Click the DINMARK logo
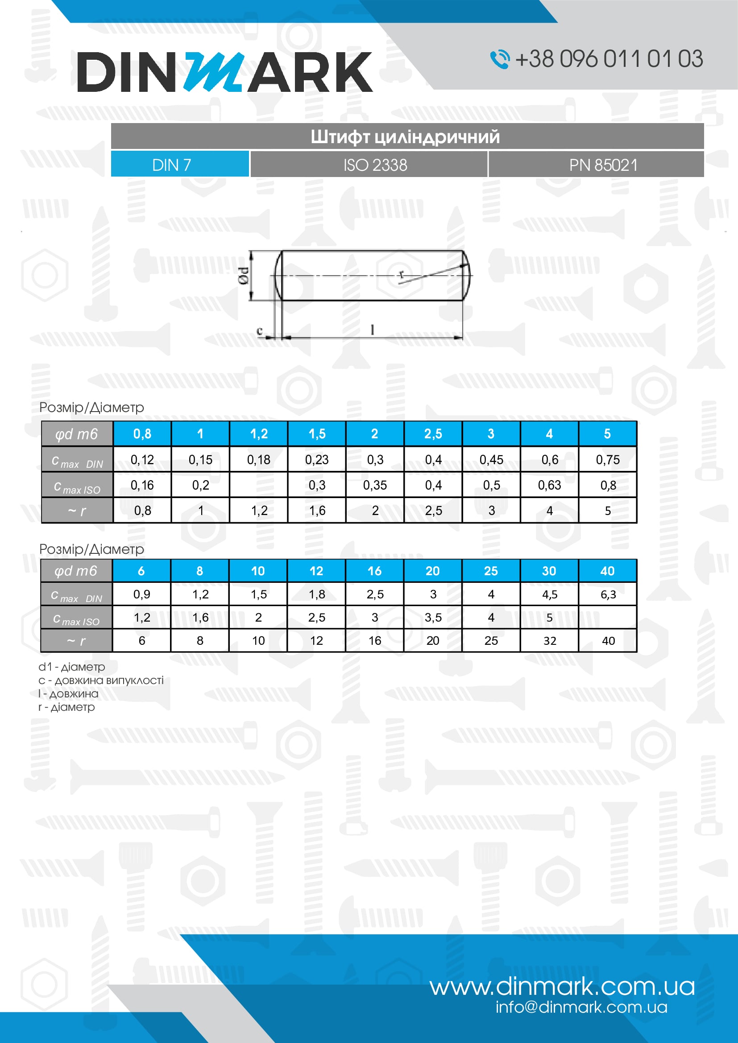pos(224,72)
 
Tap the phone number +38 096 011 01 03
pos(609,59)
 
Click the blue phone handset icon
pos(499,59)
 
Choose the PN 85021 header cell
pos(603,165)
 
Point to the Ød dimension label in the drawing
pos(244,276)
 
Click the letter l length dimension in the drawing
pos(373,330)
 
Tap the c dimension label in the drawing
pos(260,330)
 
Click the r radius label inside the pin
pos(401,274)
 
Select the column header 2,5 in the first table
pos(433,434)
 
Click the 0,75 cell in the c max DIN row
pos(608,460)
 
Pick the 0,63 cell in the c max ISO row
pos(549,485)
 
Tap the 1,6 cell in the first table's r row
pos(317,511)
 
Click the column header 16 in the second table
pos(374,571)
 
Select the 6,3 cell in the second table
pos(608,594)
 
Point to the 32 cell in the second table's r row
pos(549,640)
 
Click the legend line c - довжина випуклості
pos(101,680)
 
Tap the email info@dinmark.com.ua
pos(581,1007)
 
